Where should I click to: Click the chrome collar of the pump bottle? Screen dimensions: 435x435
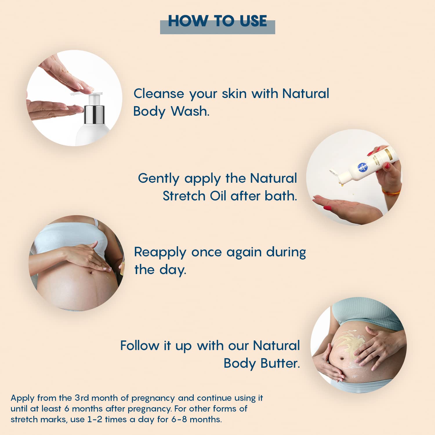point(94,114)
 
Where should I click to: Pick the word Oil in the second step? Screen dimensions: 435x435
point(218,196)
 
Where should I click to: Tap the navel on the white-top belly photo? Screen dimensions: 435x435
point(91,272)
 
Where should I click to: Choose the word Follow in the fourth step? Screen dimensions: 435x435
point(140,346)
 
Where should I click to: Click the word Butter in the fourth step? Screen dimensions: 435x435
point(280,363)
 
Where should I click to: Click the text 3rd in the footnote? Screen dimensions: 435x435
point(81,398)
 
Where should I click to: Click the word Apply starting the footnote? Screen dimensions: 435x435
point(23,398)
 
